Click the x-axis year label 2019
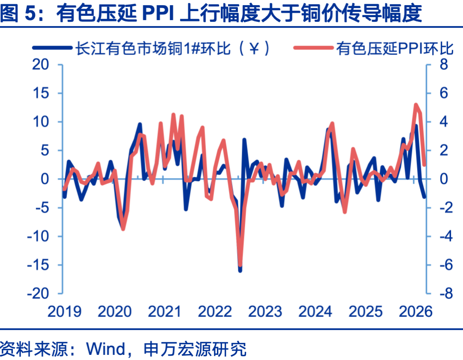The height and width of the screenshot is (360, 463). click(64, 312)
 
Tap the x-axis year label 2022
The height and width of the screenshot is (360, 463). click(215, 312)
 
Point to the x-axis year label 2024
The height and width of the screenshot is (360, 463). click(316, 312)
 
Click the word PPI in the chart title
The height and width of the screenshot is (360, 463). click(158, 14)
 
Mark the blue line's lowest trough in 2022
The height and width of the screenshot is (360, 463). click(240, 270)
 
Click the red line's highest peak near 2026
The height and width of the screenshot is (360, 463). click(415, 105)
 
